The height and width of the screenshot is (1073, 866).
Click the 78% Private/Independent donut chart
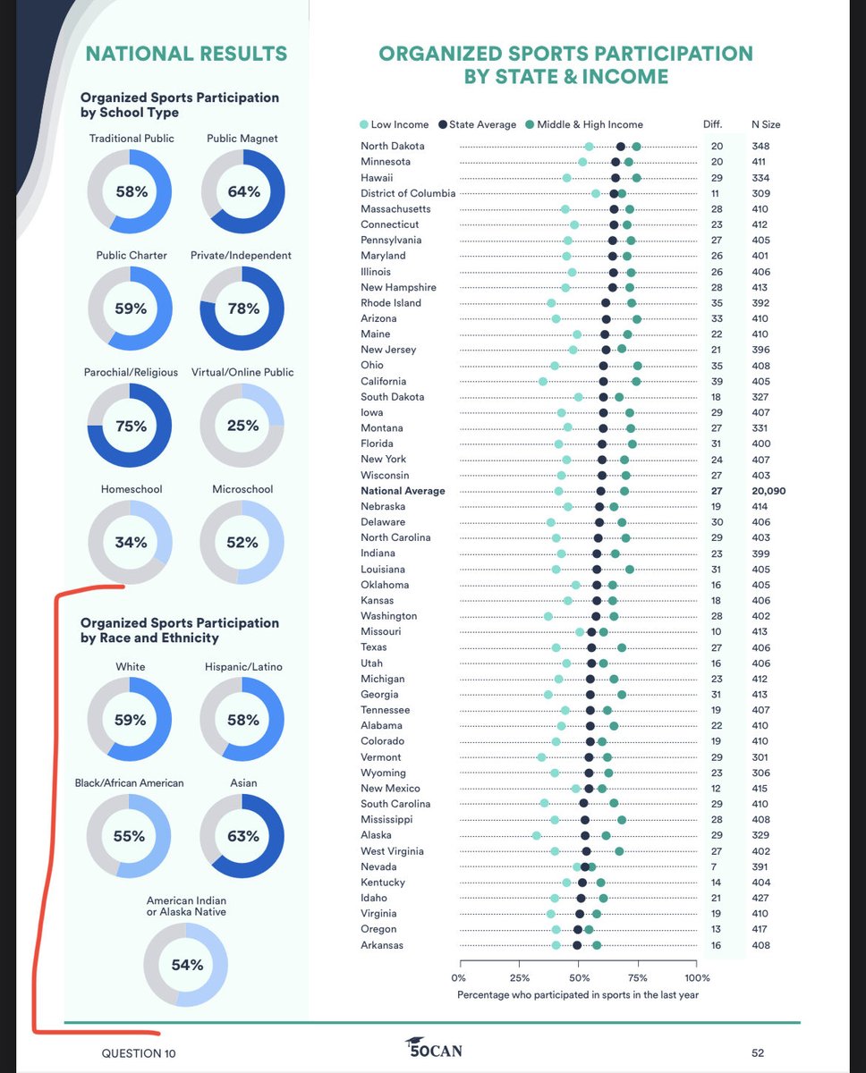coord(242,308)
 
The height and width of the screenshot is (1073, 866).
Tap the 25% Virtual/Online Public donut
coord(242,426)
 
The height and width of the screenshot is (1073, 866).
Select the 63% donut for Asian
coord(242,836)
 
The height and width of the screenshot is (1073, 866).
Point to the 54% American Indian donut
coord(186,965)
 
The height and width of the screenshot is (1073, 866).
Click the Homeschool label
coord(130,489)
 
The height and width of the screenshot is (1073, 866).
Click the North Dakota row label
coord(393,146)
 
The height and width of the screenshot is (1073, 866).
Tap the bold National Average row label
coord(403,491)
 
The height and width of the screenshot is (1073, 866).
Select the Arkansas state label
coord(383,945)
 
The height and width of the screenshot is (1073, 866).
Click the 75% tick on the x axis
coord(638,977)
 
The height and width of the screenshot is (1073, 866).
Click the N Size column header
coord(765,124)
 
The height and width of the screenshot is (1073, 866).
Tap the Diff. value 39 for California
coord(717,381)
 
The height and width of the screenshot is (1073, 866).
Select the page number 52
coord(757,1053)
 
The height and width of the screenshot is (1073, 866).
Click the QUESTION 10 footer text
coord(139,1053)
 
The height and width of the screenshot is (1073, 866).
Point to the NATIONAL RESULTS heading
coord(186,54)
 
